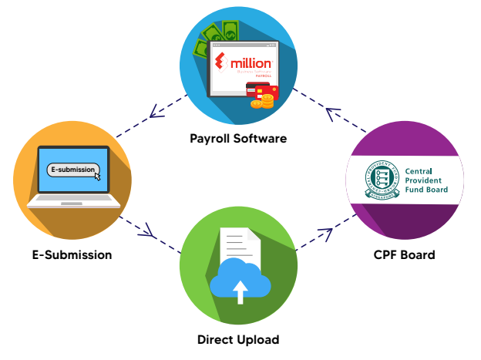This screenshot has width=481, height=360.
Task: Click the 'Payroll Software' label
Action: [238, 139]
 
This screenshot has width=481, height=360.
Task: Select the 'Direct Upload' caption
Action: [238, 339]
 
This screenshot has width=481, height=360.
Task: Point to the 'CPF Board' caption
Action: [405, 254]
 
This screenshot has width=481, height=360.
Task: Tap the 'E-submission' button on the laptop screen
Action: [72, 169]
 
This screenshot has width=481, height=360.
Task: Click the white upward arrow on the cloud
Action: [240, 291]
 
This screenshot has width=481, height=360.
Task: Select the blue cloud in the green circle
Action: [240, 282]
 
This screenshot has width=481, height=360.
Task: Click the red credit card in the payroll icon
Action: [259, 93]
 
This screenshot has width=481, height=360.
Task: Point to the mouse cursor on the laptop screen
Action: [97, 175]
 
